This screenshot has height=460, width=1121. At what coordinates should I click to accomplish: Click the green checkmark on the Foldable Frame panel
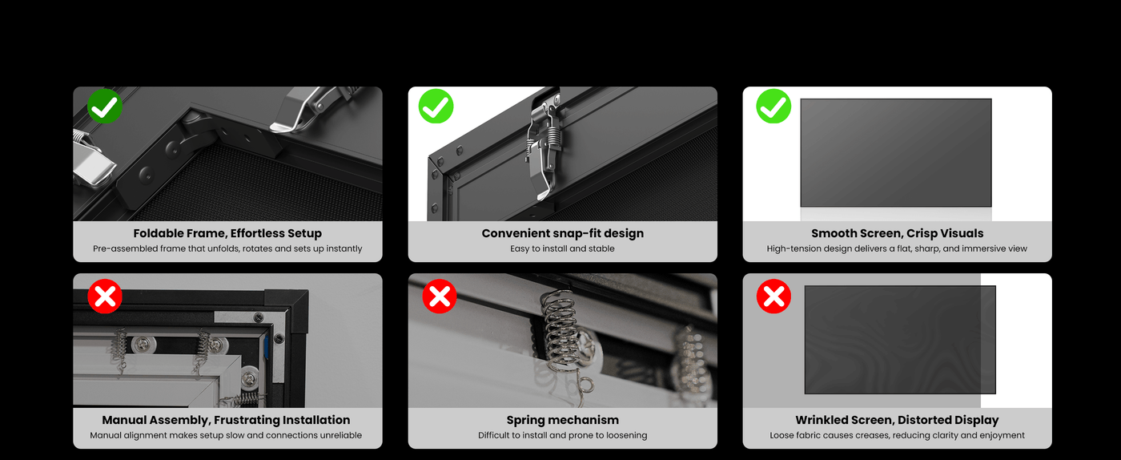click(105, 107)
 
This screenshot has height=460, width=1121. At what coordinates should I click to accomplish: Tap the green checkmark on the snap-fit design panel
click(436, 107)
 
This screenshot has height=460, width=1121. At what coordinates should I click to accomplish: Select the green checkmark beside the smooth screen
click(773, 107)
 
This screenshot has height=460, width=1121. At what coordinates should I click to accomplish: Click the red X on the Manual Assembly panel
click(105, 297)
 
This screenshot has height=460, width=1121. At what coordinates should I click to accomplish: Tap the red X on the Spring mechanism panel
click(440, 297)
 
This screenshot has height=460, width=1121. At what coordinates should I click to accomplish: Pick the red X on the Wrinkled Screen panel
click(773, 297)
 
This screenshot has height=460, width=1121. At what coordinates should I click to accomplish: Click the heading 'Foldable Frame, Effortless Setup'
click(227, 233)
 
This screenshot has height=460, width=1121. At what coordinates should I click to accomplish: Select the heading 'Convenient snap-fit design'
click(562, 233)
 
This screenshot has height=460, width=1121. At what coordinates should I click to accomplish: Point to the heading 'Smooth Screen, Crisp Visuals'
click(898, 233)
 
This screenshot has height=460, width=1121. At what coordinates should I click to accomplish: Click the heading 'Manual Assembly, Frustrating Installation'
click(226, 421)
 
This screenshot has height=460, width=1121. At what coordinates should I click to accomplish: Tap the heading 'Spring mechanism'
click(562, 421)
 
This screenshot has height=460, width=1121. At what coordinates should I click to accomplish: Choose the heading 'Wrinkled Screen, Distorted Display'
click(898, 421)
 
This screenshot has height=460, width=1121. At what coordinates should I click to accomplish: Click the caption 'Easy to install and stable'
click(562, 248)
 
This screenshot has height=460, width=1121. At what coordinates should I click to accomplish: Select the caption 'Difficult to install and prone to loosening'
click(562, 435)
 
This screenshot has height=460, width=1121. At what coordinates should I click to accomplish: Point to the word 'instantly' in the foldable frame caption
click(344, 248)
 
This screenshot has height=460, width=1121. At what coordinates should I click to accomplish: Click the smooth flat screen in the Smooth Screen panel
click(896, 153)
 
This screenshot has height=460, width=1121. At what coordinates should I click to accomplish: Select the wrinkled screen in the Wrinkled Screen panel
click(900, 340)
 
